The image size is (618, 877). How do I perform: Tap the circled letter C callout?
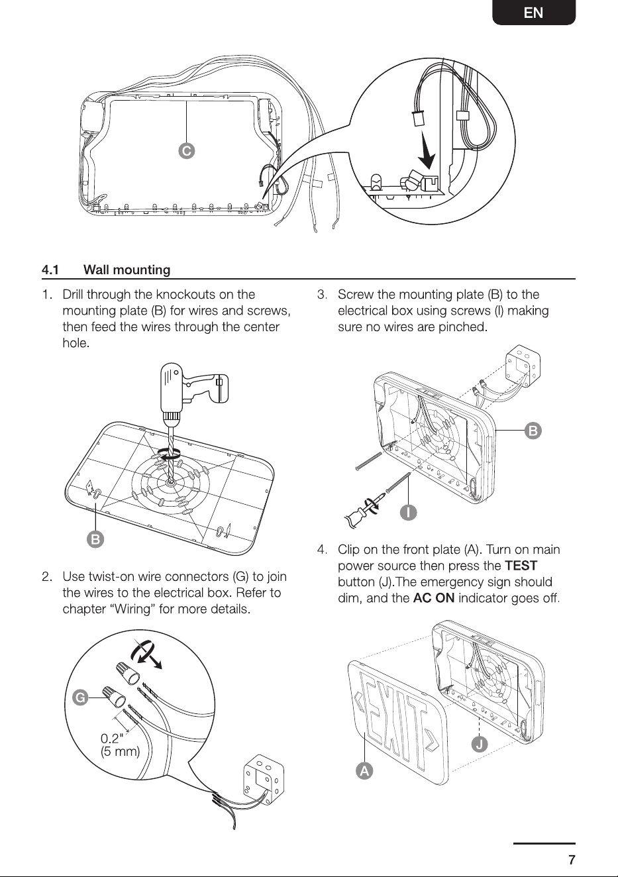[187, 151]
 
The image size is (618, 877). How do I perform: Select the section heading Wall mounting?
[127, 270]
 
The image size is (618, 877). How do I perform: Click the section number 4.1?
[50, 270]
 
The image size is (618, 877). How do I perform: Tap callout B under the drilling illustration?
[95, 539]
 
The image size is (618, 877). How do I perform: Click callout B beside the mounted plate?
[533, 431]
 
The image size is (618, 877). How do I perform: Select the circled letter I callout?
[409, 513]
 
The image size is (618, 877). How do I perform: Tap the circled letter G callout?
[80, 697]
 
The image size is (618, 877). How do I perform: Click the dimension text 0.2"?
[112, 739]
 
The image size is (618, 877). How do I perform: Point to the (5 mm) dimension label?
[121, 752]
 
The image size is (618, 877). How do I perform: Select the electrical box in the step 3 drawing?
[523, 366]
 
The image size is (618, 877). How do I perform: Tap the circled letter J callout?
[480, 743]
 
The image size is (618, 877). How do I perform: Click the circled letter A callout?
[364, 770]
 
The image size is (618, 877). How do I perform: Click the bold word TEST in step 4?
[521, 566]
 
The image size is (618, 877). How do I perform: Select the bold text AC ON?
[434, 598]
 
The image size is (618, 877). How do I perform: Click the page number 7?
[572, 860]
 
